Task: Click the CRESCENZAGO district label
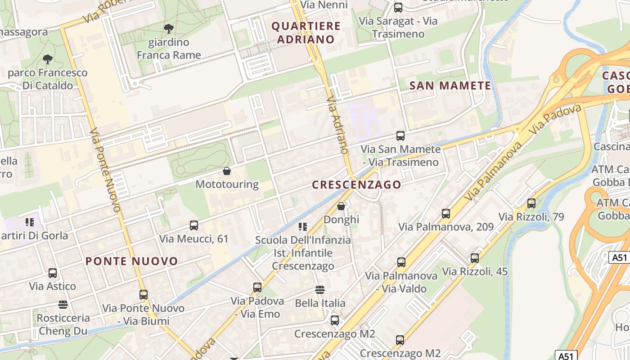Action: [x=356, y=184]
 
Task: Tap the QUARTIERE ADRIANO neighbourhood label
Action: [x=306, y=32]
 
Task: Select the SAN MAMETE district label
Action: [x=450, y=85]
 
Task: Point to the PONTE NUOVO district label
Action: [x=132, y=261]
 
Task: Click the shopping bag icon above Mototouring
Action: [x=227, y=171]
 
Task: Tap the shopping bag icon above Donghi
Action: [x=341, y=206]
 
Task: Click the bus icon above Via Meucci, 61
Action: [x=194, y=225]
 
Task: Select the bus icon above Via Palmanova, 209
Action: [x=446, y=214]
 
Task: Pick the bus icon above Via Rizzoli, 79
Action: [x=531, y=203]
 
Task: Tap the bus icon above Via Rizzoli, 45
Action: [x=475, y=258]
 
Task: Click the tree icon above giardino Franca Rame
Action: [x=169, y=29]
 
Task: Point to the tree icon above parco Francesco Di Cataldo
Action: [x=47, y=59]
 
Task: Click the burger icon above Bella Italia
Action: [x=320, y=289]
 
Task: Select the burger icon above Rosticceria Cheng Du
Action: [x=63, y=305]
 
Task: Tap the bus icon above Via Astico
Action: [x=53, y=273]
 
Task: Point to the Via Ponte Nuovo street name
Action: [x=105, y=171]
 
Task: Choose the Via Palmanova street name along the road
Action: [x=494, y=171]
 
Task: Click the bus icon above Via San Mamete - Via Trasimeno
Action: [x=400, y=135]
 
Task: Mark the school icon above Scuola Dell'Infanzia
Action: [x=303, y=226]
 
